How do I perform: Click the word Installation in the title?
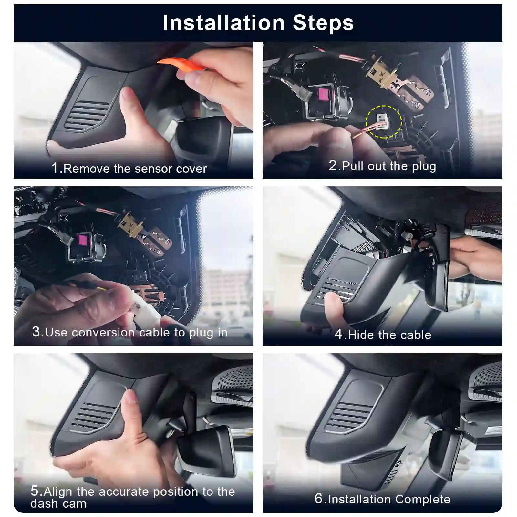pos(223,23)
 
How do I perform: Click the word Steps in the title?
pos(323,23)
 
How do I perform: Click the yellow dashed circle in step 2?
pos(384,122)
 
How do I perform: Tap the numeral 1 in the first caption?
pos(55,168)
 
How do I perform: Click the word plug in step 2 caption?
pos(424,167)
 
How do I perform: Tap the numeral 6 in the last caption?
pos(318,499)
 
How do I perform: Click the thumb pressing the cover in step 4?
pos(333,304)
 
